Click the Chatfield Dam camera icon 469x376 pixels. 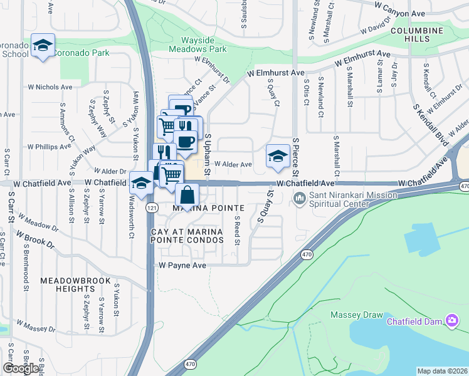coord(453,321)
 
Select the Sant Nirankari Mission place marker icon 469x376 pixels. coord(300,200)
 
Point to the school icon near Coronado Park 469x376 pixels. coord(43,46)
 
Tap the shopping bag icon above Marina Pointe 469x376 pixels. coord(187,195)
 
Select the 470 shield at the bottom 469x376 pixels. coord(191,363)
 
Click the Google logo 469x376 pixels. coord(21,368)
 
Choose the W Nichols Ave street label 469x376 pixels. coord(50,87)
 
